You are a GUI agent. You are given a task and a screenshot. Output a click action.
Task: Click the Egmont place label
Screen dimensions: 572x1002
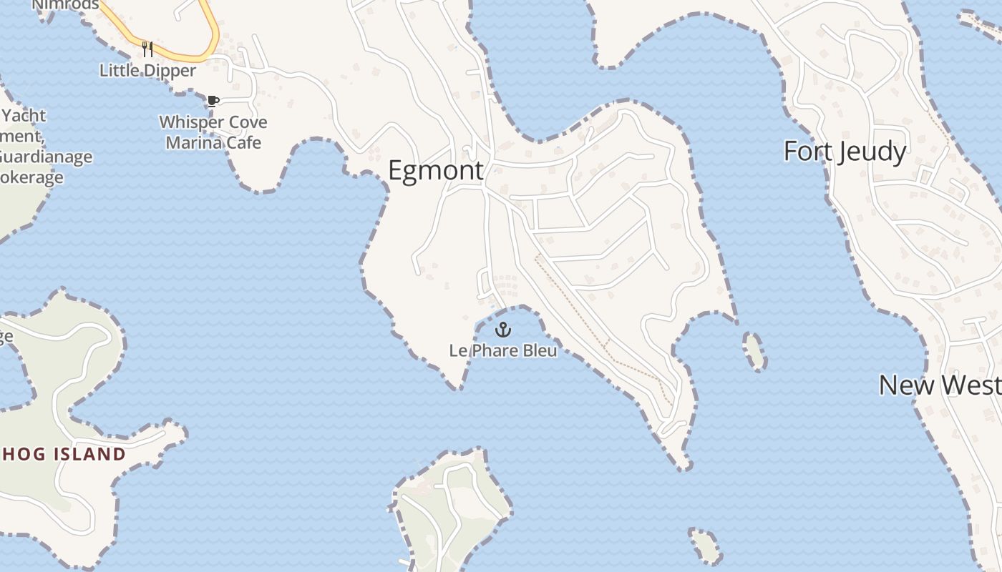click(435, 171)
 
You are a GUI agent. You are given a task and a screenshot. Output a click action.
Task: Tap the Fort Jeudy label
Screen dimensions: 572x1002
click(845, 152)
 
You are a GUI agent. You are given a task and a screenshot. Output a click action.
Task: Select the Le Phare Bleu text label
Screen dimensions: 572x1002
click(503, 350)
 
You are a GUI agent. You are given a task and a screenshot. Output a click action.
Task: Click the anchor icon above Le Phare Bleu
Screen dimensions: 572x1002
click(503, 330)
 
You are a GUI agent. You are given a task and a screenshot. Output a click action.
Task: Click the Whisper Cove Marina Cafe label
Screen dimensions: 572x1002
click(213, 132)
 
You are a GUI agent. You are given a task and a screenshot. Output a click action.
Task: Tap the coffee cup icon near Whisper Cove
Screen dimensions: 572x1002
click(213, 101)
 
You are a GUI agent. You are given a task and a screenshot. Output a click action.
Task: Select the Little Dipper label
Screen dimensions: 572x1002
click(147, 71)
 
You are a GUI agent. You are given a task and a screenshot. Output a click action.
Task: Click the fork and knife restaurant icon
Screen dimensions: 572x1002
click(147, 49)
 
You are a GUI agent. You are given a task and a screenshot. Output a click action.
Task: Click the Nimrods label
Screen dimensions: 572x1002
click(65, 5)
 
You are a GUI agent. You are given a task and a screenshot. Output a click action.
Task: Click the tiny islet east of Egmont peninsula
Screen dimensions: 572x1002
click(754, 351)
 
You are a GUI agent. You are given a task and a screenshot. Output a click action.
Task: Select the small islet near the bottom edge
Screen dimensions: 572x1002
click(706, 546)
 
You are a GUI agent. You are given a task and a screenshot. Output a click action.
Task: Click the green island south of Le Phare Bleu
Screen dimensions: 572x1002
click(451, 508)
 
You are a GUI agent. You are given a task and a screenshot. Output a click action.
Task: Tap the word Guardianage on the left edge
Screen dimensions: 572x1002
click(47, 157)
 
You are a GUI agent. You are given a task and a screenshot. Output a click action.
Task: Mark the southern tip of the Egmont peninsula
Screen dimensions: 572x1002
click(683, 467)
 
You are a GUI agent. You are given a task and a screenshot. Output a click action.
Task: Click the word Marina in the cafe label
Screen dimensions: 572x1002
click(192, 142)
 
